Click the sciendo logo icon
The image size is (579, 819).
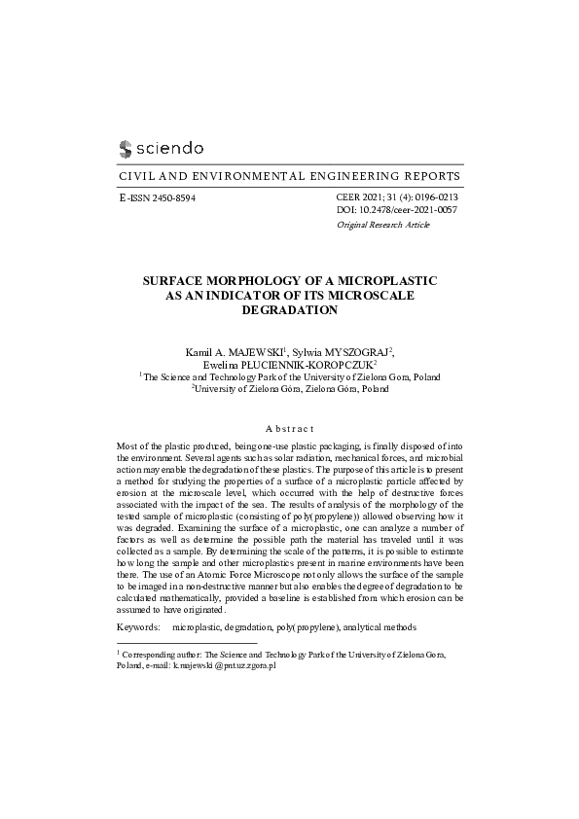pyautogui.click(x=125, y=149)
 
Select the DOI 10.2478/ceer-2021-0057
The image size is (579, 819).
pyautogui.click(x=407, y=210)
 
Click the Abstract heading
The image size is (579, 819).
pyautogui.click(x=289, y=428)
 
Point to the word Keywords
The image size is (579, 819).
pyautogui.click(x=137, y=628)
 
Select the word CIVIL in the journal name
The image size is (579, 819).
pyautogui.click(x=135, y=176)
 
